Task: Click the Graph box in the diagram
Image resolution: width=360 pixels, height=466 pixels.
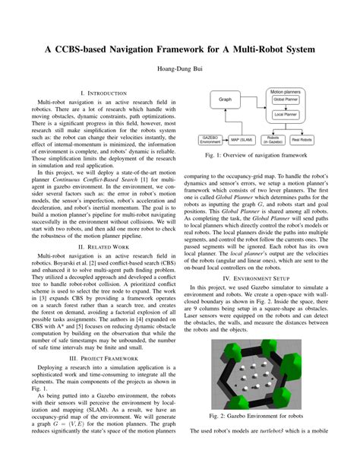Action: [x=225, y=99]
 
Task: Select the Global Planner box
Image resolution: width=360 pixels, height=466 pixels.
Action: [x=286, y=100]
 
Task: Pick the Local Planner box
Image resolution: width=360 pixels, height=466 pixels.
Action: [x=286, y=115]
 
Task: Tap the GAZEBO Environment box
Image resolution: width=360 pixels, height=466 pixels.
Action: [x=210, y=140]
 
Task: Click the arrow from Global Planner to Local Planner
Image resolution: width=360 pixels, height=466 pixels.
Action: [x=286, y=107]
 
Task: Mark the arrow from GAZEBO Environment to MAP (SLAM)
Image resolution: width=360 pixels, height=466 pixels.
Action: [x=227, y=140]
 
